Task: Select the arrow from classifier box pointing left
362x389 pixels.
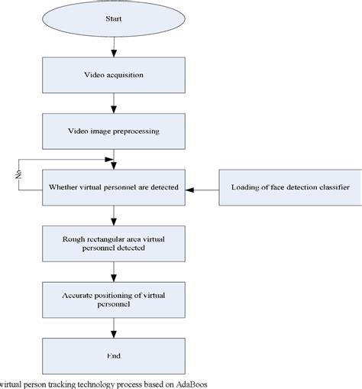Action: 203,187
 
